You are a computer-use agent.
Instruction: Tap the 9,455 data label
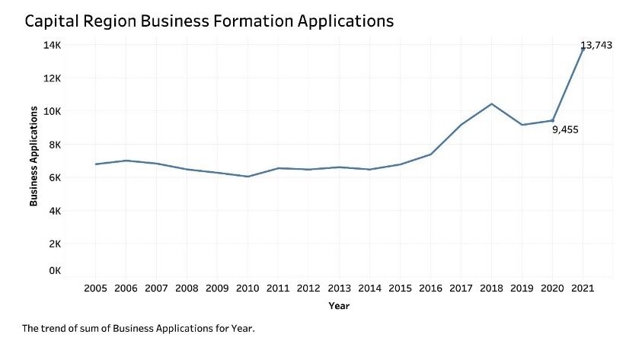tap(565, 129)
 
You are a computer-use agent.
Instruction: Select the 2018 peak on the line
tap(491, 104)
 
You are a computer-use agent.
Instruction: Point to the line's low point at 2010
tap(248, 177)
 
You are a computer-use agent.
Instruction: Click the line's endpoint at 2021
tap(583, 49)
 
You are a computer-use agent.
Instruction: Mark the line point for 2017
tap(461, 125)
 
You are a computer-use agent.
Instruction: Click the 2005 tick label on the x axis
tap(95, 288)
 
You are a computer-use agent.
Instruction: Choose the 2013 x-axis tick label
tap(339, 288)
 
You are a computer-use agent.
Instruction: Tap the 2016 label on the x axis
tap(430, 288)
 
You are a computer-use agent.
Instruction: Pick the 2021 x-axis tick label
tap(583, 288)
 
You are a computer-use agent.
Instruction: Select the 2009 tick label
tap(217, 288)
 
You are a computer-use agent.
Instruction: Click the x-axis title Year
tap(339, 306)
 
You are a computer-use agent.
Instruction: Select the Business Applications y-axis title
tap(34, 156)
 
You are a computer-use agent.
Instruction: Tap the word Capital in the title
tap(54, 21)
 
